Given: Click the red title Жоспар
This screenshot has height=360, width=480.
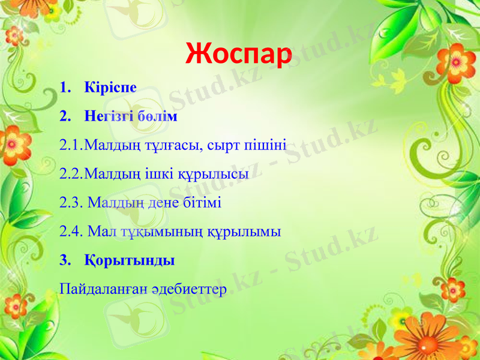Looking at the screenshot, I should point(238,55).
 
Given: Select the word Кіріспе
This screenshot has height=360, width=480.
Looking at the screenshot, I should point(111,88).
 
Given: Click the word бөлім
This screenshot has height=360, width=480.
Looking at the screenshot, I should point(157,116).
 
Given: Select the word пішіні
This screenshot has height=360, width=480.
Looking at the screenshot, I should point(263,145).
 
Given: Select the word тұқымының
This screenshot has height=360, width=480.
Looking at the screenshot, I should point(159,232).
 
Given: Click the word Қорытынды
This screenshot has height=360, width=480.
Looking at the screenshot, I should point(130,261).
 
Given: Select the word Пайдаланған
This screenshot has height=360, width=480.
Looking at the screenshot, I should point(102,290).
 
